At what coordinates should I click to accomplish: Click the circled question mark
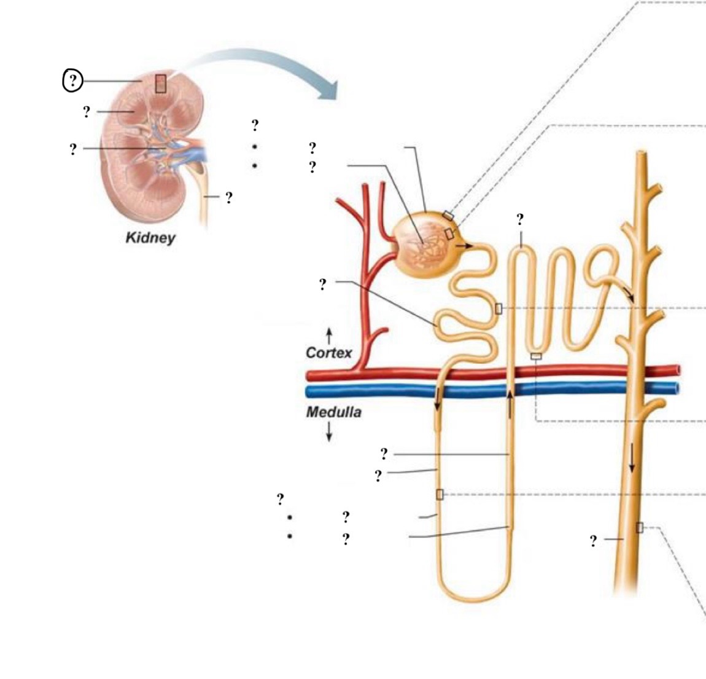click(x=72, y=80)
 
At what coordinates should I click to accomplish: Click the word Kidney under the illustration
click(x=150, y=237)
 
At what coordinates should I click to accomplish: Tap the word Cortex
click(x=329, y=353)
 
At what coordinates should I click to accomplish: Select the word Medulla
click(x=333, y=412)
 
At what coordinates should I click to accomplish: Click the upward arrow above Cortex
click(x=329, y=335)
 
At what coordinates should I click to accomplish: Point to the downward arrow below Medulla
click(x=329, y=433)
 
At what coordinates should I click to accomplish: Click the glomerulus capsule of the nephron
click(x=424, y=246)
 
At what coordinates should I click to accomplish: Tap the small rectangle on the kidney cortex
click(x=160, y=83)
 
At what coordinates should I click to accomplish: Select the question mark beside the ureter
click(x=228, y=198)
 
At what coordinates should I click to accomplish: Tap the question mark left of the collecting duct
click(x=593, y=541)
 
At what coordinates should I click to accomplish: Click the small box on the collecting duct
click(x=640, y=527)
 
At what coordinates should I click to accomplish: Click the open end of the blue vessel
click(x=677, y=388)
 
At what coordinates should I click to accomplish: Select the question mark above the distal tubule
click(x=520, y=219)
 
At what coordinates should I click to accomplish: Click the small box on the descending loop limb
click(x=440, y=495)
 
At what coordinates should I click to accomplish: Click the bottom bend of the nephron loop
click(x=473, y=596)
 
